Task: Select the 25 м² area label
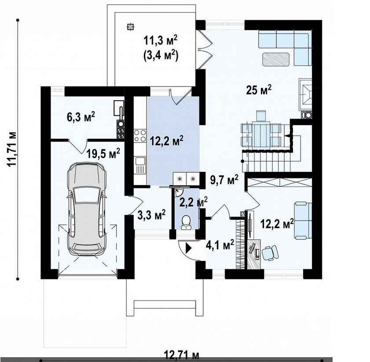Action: click(259, 90)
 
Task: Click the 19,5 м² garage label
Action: click(103, 154)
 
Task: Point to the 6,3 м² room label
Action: click(81, 117)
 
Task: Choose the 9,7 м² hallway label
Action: click(224, 180)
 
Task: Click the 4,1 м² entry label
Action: click(220, 245)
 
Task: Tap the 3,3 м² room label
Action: click(151, 214)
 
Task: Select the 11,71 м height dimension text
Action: click(11, 149)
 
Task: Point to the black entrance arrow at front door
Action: click(189, 248)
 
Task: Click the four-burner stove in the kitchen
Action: click(140, 136)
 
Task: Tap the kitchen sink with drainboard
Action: click(140, 165)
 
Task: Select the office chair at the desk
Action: click(270, 253)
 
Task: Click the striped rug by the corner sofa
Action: click(276, 59)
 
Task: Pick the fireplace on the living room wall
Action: click(305, 94)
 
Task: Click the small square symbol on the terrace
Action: click(129, 27)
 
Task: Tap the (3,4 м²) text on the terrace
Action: click(161, 56)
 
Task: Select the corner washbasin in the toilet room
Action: click(178, 192)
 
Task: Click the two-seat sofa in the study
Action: click(303, 221)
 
